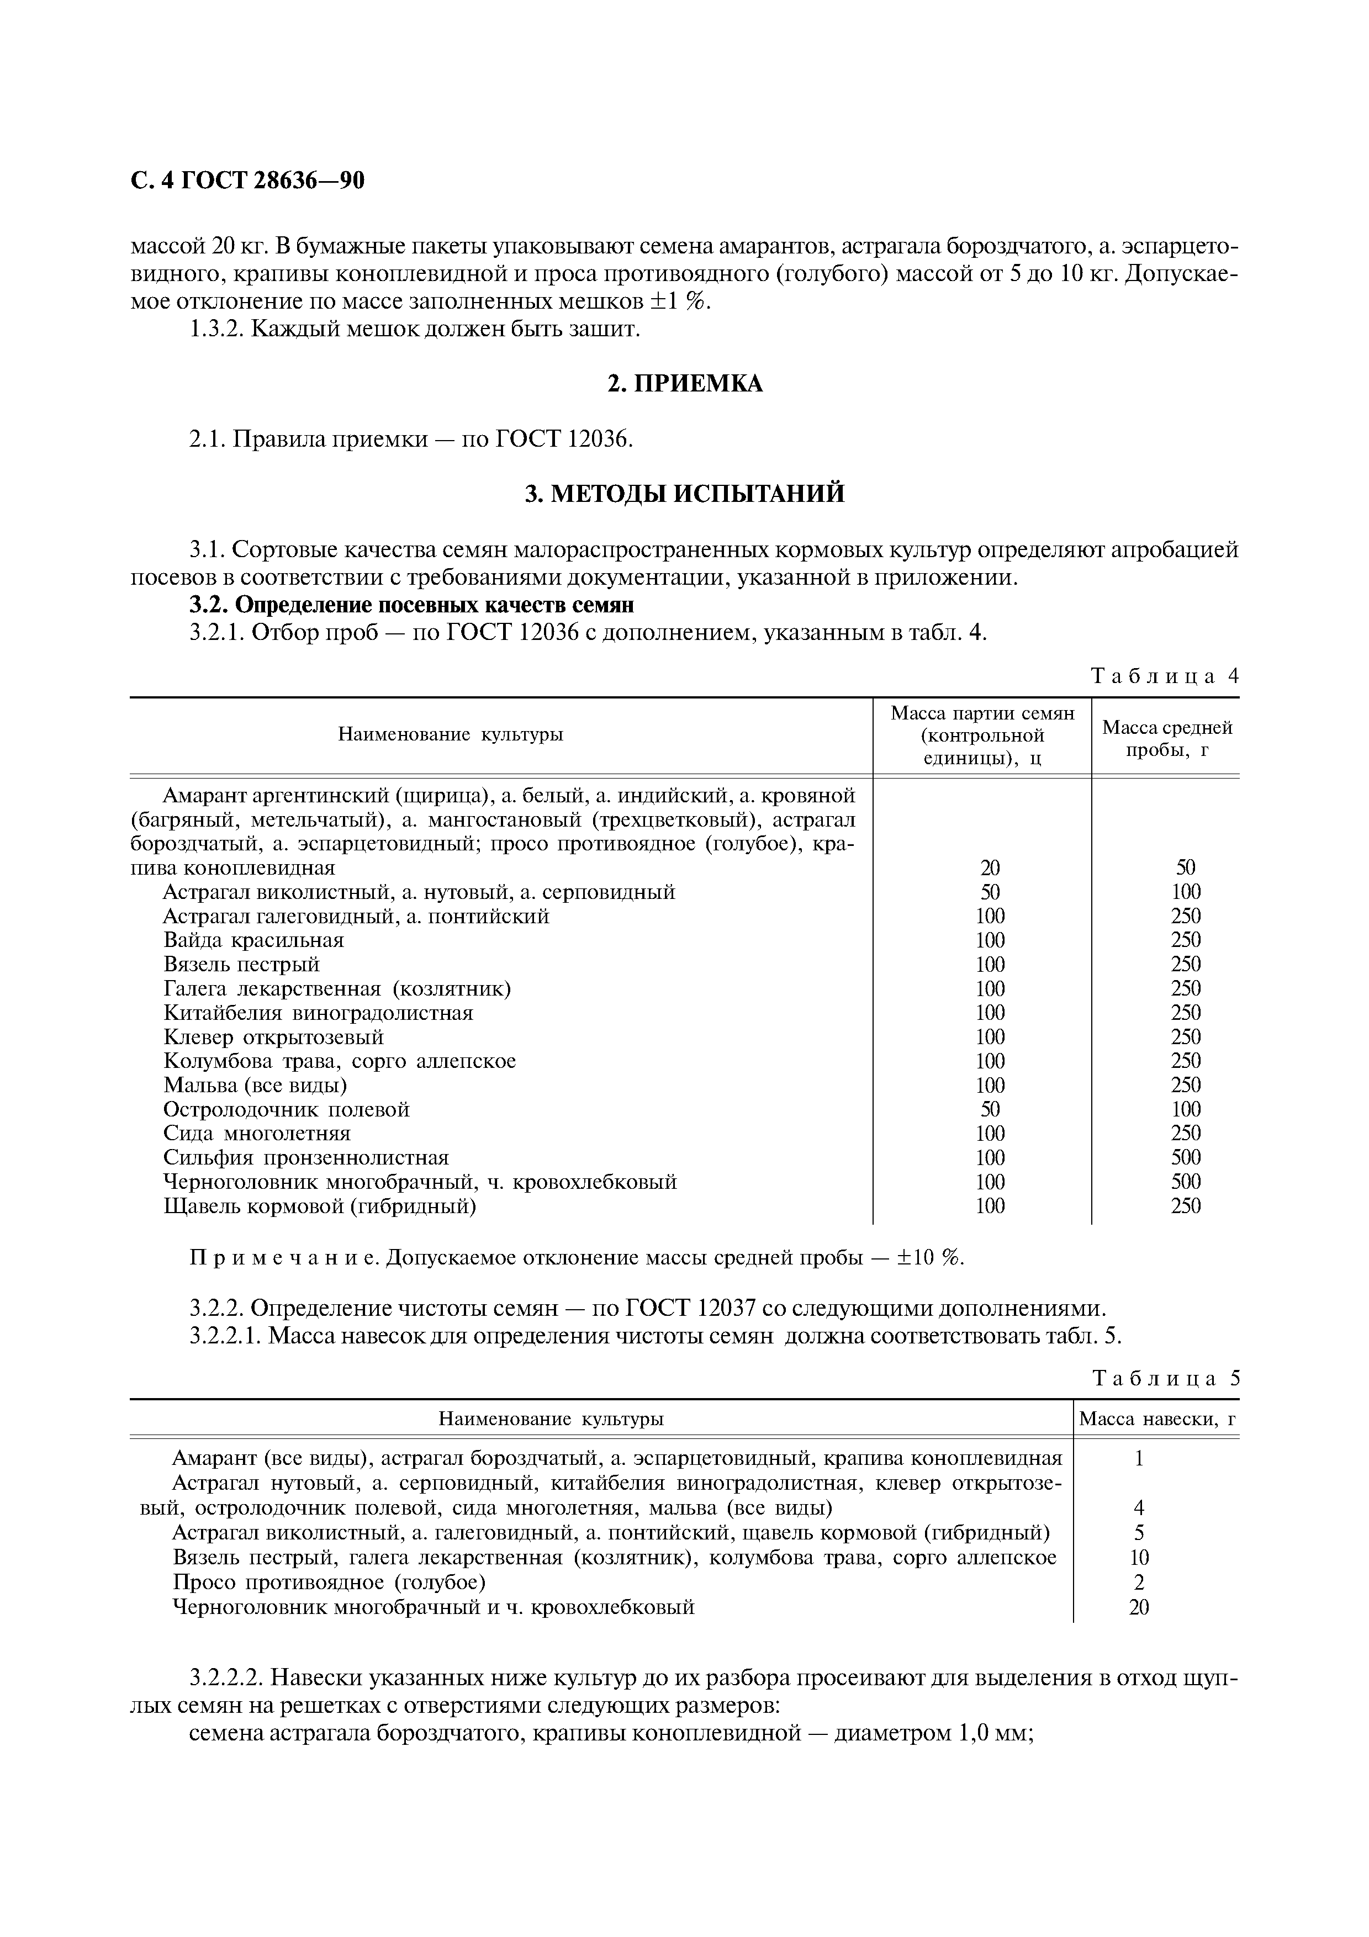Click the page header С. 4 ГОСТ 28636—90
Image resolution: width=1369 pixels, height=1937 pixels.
pos(247,181)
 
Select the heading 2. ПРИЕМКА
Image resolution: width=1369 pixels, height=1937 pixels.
pos(684,384)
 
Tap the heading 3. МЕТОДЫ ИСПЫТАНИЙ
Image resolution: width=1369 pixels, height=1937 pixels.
pos(684,494)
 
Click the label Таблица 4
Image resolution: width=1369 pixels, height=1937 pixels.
pos(1164,676)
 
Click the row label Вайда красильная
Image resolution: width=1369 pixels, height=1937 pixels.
pos(253,940)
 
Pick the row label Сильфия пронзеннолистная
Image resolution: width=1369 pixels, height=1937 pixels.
pos(305,1157)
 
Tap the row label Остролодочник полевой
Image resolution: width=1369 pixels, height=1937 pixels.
pos(286,1109)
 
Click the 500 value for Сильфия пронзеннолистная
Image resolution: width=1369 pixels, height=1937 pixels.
pos(1185,1157)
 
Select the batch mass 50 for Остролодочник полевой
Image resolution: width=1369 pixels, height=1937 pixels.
pos(990,1109)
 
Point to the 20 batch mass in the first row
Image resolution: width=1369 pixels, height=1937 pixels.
pos(990,867)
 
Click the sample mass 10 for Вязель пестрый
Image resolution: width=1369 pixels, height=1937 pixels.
pos(1139,1557)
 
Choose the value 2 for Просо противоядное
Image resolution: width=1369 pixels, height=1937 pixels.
pos(1139,1582)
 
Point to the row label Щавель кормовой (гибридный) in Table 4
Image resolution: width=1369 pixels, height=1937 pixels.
pos(319,1205)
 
